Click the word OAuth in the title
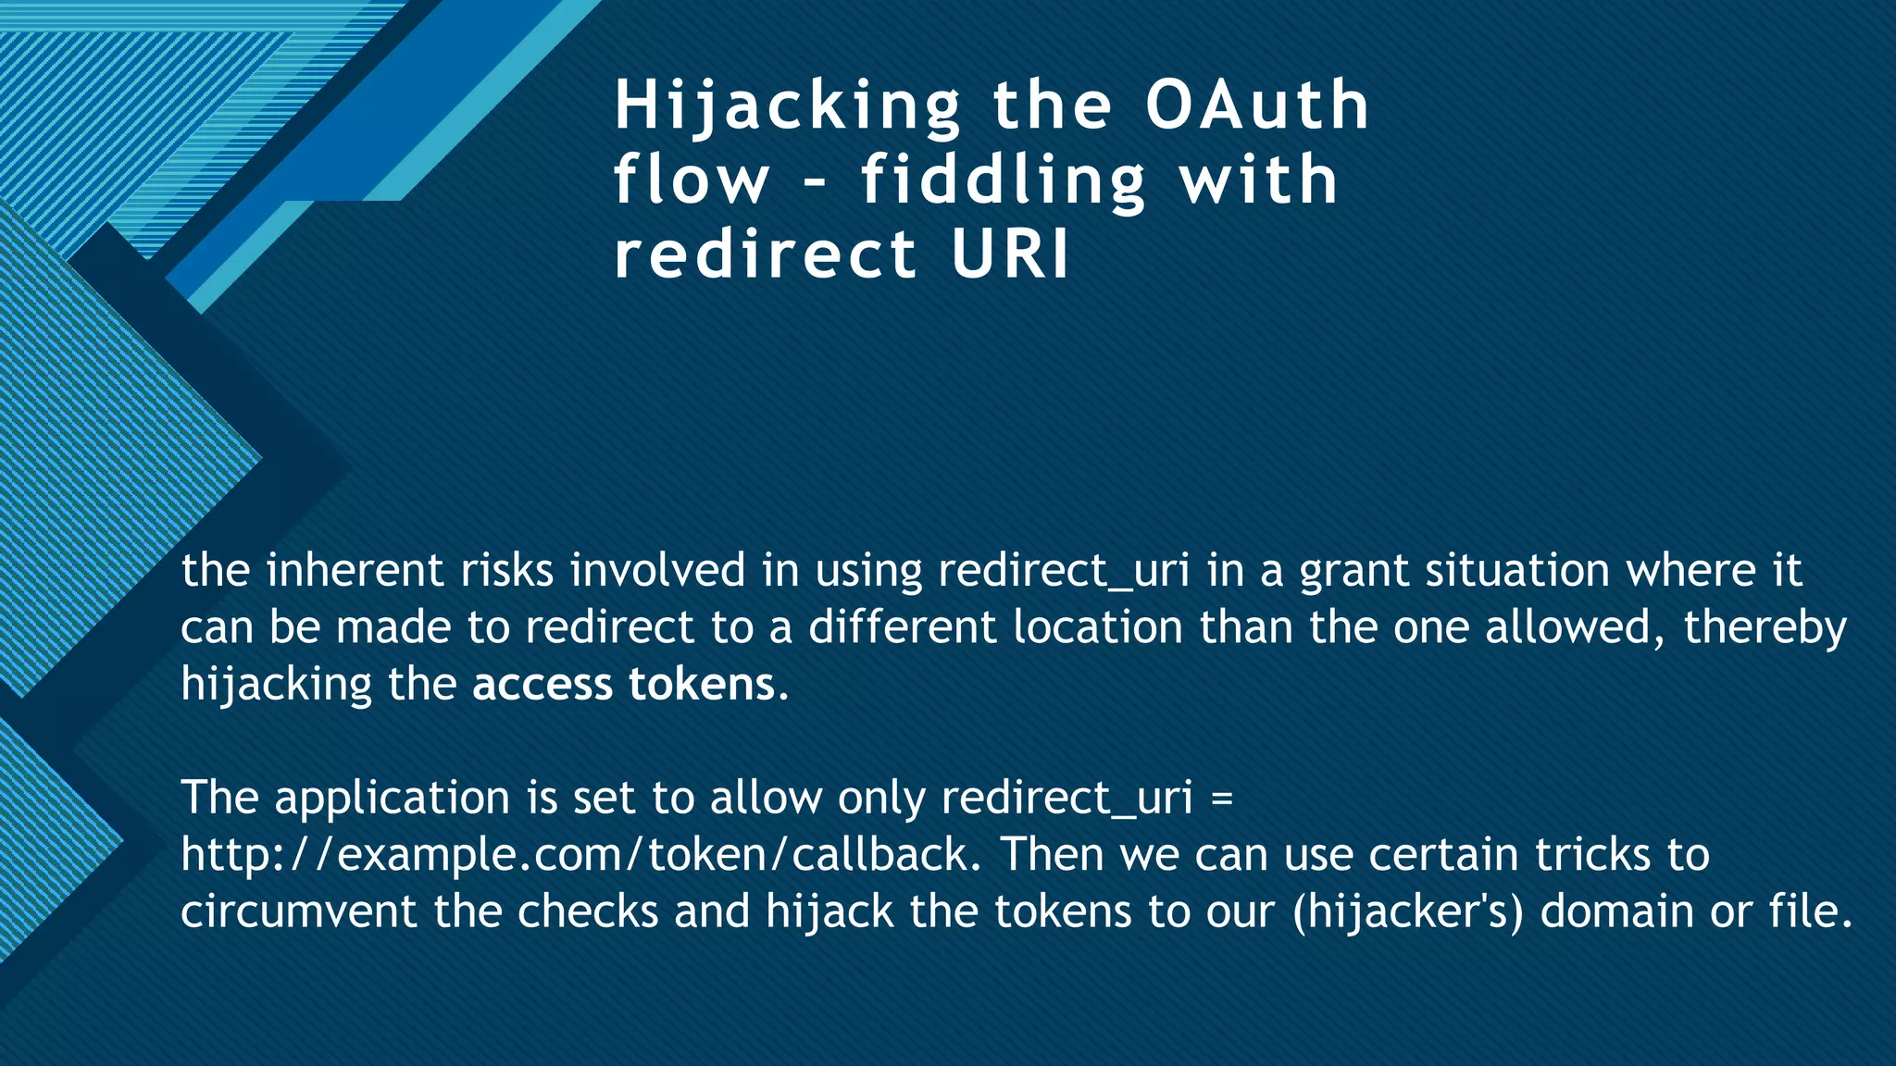[1256, 105]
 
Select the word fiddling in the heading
[1004, 180]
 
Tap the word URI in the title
[1010, 254]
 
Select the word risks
[506, 570]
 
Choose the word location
[1097, 627]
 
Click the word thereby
[1765, 629]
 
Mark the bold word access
[543, 686]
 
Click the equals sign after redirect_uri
[1221, 798]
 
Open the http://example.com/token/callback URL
[580, 855]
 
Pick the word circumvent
[298, 912]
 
